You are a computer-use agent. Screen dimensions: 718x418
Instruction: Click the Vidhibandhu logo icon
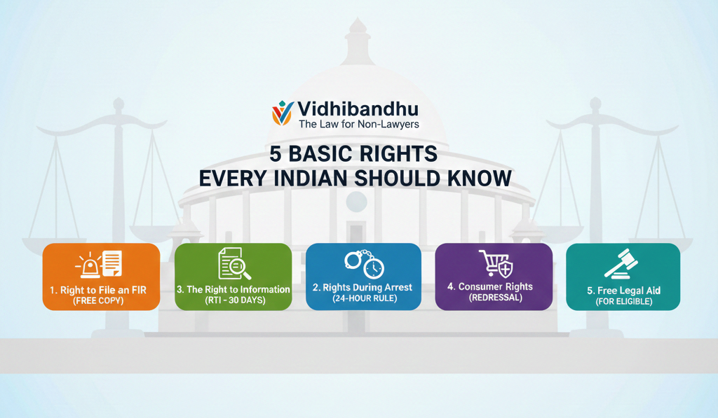[x=282, y=113]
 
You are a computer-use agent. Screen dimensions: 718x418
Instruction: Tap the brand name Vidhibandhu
[x=358, y=109]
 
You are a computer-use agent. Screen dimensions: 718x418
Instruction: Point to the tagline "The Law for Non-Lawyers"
[x=359, y=124]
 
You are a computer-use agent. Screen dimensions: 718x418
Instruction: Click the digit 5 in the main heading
[x=275, y=154]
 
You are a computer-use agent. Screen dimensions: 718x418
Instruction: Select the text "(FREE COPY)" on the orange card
[x=98, y=301]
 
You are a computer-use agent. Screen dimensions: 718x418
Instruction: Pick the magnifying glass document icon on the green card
[x=234, y=263]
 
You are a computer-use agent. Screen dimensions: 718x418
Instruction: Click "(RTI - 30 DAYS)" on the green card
[x=235, y=300]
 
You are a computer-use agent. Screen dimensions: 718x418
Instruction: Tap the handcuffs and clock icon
[x=365, y=264]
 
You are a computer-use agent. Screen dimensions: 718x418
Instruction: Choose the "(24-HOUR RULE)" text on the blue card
[x=365, y=299]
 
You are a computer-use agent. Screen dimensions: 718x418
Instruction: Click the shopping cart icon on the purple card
[x=496, y=263]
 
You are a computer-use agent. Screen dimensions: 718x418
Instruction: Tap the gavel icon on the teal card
[x=621, y=264]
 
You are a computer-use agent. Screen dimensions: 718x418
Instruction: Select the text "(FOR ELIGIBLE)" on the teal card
[x=623, y=301]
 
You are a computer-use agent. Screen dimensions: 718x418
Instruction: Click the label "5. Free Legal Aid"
[x=623, y=291]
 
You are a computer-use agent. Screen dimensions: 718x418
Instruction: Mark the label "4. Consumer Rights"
[x=490, y=287]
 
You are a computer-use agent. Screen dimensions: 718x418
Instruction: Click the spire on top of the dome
[x=358, y=42]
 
